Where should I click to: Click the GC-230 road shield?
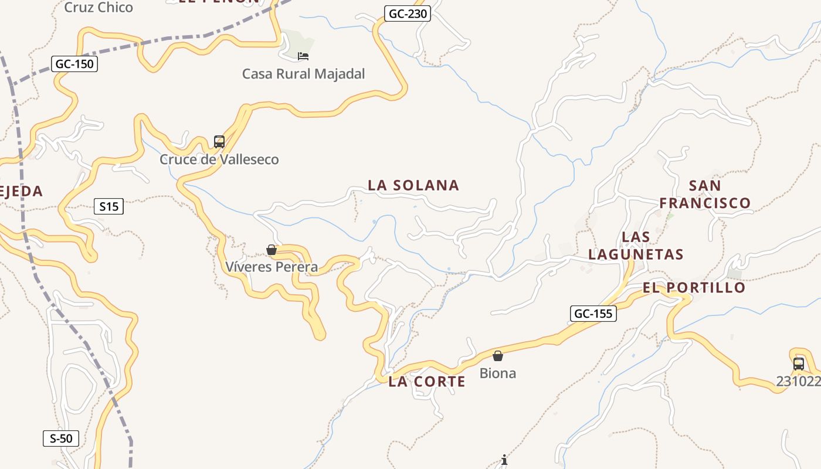pyautogui.click(x=408, y=13)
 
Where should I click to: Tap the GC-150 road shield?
pyautogui.click(x=74, y=64)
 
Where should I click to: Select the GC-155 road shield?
pyautogui.click(x=593, y=314)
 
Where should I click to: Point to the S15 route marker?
pyautogui.click(x=108, y=206)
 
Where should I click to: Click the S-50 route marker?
pyautogui.click(x=61, y=439)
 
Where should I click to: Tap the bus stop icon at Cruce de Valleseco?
pyautogui.click(x=219, y=142)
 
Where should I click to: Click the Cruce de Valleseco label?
pyautogui.click(x=219, y=159)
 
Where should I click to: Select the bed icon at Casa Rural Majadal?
pyautogui.click(x=303, y=56)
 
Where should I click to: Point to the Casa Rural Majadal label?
pyautogui.click(x=303, y=74)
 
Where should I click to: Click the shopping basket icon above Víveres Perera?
pyautogui.click(x=272, y=250)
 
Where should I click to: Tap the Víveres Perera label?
pyautogui.click(x=272, y=267)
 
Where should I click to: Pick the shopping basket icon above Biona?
pyautogui.click(x=498, y=356)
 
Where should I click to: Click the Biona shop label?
pyautogui.click(x=498, y=373)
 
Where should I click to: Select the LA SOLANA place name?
pyautogui.click(x=413, y=185)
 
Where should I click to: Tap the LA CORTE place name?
pyautogui.click(x=427, y=382)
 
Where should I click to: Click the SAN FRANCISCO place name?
pyautogui.click(x=705, y=195)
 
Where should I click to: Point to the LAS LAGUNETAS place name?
pyautogui.click(x=636, y=246)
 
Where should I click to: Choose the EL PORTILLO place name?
pyautogui.click(x=694, y=288)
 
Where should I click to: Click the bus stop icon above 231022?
pyautogui.click(x=799, y=363)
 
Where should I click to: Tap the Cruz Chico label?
pyautogui.click(x=99, y=8)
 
